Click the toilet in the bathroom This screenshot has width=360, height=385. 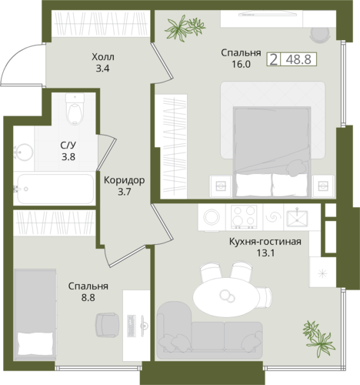pyautogui.click(x=75, y=109)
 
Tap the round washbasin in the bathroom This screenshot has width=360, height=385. pyautogui.click(x=23, y=152)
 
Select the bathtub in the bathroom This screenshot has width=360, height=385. pyautogui.click(x=55, y=189)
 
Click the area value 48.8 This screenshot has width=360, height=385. pyautogui.click(x=298, y=59)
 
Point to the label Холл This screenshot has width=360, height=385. pyautogui.click(x=103, y=57)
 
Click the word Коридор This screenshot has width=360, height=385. pyautogui.click(x=125, y=180)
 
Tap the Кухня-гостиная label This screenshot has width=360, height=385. pyautogui.click(x=265, y=242)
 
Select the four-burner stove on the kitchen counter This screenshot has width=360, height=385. pyautogui.click(x=244, y=217)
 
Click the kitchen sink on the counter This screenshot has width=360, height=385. pyautogui.click(x=297, y=219)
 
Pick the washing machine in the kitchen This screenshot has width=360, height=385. pyautogui.click(x=212, y=217)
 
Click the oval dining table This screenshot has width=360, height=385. pyautogui.click(x=225, y=297)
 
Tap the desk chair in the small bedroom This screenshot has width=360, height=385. pyautogui.click(x=108, y=325)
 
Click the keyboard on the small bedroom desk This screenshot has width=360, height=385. pyautogui.click(x=131, y=326)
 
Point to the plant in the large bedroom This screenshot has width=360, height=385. pyautogui.click(x=185, y=28)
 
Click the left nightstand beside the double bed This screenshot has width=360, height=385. pyautogui.click(x=221, y=186)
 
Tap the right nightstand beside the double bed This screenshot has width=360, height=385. pyautogui.click(x=323, y=186)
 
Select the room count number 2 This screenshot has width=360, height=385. pyautogui.click(x=274, y=59)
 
